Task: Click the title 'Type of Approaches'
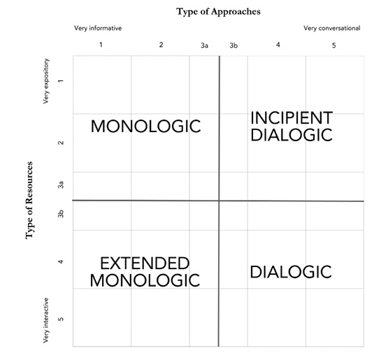click(x=218, y=12)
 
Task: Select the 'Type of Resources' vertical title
click(x=29, y=200)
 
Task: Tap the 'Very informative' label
click(x=98, y=28)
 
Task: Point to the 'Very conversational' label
click(x=332, y=28)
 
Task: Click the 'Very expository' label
click(x=46, y=81)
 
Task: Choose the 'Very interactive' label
click(x=45, y=320)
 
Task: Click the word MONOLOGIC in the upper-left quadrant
click(x=145, y=127)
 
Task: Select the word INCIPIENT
click(x=292, y=117)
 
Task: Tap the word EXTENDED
click(x=145, y=264)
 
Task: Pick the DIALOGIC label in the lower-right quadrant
click(x=291, y=272)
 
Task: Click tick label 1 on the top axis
click(x=101, y=45)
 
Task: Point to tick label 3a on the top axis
click(x=204, y=45)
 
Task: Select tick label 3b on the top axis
click(x=233, y=45)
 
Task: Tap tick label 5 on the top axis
click(x=333, y=45)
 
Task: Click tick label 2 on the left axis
click(x=61, y=143)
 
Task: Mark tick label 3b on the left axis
click(x=61, y=214)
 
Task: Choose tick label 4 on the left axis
click(x=61, y=261)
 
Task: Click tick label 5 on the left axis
click(x=61, y=319)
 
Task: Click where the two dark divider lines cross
click(x=219, y=201)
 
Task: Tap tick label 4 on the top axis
click(x=278, y=45)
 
